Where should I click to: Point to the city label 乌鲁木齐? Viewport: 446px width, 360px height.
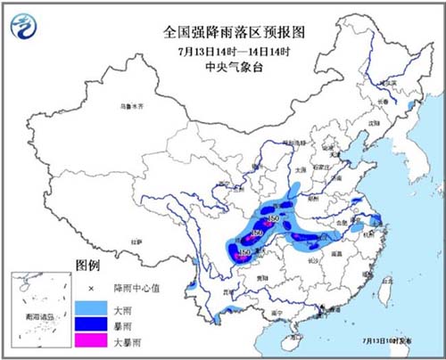click(x=131, y=107)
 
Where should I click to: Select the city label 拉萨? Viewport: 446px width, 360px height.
click(x=135, y=241)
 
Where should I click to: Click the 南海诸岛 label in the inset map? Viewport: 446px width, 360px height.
click(x=37, y=316)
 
